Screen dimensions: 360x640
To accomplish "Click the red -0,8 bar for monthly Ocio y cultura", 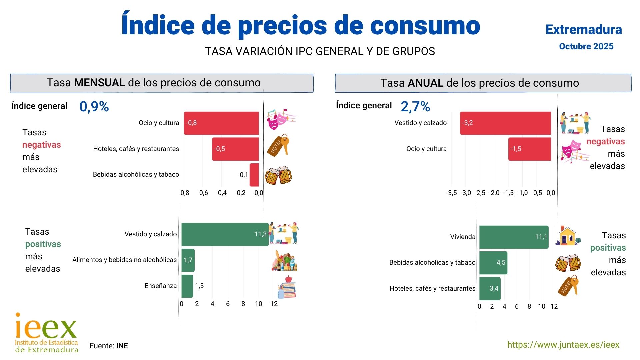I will pyautogui.click(x=221, y=123).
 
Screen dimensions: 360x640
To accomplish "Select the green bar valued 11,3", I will pyautogui.click(x=225, y=234).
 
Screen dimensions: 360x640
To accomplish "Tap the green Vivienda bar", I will pyautogui.click(x=514, y=237).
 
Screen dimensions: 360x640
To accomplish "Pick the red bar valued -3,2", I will pyautogui.click(x=505, y=123).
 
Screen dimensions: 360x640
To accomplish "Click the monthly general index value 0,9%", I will pyautogui.click(x=94, y=107).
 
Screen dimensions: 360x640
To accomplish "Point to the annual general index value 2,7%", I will pyautogui.click(x=415, y=107).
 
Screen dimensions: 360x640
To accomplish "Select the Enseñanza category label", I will pyautogui.click(x=160, y=286).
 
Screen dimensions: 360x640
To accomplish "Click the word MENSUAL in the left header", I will pyautogui.click(x=99, y=83).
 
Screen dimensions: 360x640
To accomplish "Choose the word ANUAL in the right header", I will pyautogui.click(x=425, y=83).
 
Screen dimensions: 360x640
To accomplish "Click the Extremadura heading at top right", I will pyautogui.click(x=584, y=30).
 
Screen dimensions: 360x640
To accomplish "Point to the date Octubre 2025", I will pyautogui.click(x=586, y=46).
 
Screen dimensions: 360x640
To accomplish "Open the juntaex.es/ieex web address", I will pyautogui.click(x=563, y=345).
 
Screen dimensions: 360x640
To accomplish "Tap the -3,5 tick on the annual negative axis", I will pyautogui.click(x=451, y=193).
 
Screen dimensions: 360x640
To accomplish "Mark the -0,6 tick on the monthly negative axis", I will pyautogui.click(x=202, y=193).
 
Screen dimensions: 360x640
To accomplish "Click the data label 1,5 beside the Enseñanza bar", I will pyautogui.click(x=199, y=286).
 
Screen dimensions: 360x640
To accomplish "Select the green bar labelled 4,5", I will pyautogui.click(x=493, y=263).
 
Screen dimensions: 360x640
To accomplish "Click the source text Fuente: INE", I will pyautogui.click(x=109, y=346).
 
